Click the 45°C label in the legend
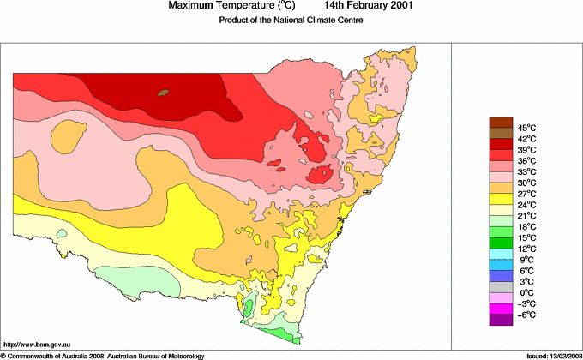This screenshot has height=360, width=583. pos(526,128)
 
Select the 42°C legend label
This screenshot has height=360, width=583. pos(526,139)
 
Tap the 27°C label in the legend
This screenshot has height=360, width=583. pos(526,194)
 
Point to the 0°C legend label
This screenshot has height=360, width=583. pos(526,292)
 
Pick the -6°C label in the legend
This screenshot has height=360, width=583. pos(526,315)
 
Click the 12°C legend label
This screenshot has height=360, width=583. pos(526,249)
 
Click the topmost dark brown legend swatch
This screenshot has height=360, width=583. pos(501,122)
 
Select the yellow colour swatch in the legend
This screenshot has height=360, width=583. pos(501,199)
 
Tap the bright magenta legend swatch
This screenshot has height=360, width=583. pos(501,309)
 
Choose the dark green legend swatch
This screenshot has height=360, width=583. pos(501,243)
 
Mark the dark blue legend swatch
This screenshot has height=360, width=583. pos(501,276)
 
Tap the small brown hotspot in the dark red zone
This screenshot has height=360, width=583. pos(164,91)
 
